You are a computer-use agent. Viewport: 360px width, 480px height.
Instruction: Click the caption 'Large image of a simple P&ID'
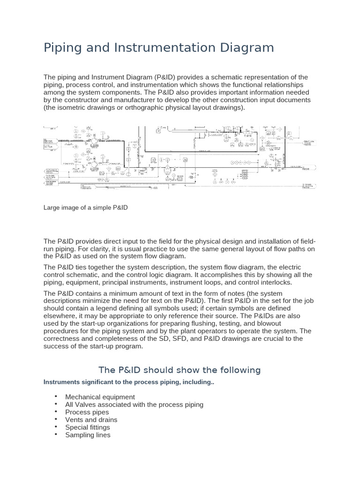point(86,207)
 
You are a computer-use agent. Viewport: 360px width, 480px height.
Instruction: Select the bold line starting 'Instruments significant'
point(129,382)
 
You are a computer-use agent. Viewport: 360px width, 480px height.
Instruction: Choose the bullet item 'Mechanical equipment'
point(100,397)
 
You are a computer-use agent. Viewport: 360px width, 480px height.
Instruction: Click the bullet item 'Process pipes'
point(87,412)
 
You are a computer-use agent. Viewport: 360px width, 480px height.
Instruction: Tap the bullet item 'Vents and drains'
point(91,420)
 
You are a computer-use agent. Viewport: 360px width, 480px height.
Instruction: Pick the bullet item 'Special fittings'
point(88,427)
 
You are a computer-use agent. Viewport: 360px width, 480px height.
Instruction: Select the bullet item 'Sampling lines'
point(88,435)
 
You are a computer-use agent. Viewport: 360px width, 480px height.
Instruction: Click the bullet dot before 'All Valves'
point(55,404)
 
